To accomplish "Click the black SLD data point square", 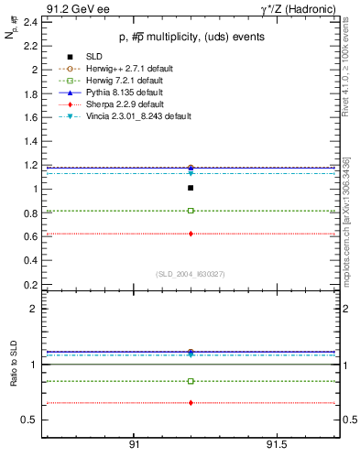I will [191, 188].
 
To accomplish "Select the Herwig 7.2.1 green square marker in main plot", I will [191, 211].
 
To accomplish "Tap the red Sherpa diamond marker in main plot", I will [191, 234].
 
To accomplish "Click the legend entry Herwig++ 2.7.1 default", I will [118, 69].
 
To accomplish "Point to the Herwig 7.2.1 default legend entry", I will [115, 81].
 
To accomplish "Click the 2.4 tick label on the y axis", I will [30, 22].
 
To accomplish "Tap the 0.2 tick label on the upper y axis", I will [30, 284].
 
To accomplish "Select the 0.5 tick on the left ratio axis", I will [30, 420].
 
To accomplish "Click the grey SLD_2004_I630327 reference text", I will [191, 273].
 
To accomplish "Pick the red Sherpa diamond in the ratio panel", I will [191, 403].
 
